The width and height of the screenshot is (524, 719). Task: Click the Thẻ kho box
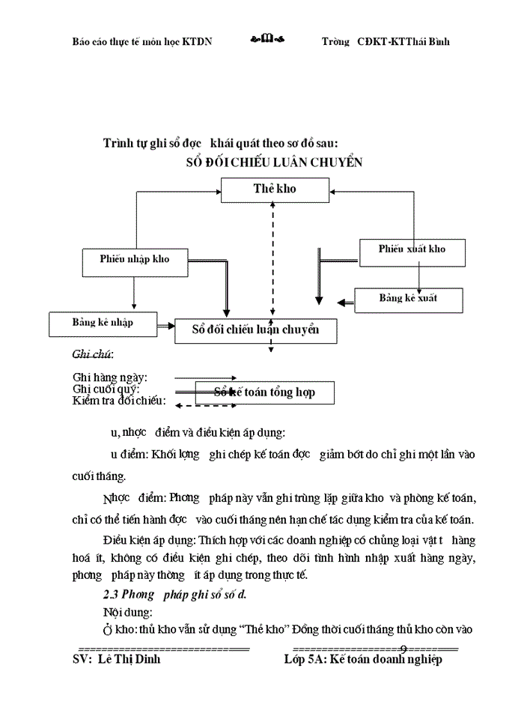tap(274, 189)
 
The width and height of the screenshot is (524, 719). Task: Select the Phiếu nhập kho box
tap(134, 261)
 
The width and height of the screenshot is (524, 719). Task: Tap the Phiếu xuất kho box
tap(412, 249)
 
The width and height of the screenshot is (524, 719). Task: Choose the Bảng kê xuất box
tap(409, 299)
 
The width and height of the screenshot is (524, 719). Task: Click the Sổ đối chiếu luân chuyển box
tap(255, 330)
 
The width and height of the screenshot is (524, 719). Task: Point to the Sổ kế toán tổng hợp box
tap(264, 392)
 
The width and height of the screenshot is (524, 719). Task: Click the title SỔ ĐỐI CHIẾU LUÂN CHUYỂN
tap(274, 163)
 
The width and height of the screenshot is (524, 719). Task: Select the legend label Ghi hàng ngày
tap(109, 377)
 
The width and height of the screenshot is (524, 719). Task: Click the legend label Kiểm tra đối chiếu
tap(118, 401)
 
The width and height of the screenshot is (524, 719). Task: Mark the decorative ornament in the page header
tap(267, 40)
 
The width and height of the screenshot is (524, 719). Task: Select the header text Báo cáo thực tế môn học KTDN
tap(141, 41)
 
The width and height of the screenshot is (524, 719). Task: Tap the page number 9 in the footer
tap(403, 647)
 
